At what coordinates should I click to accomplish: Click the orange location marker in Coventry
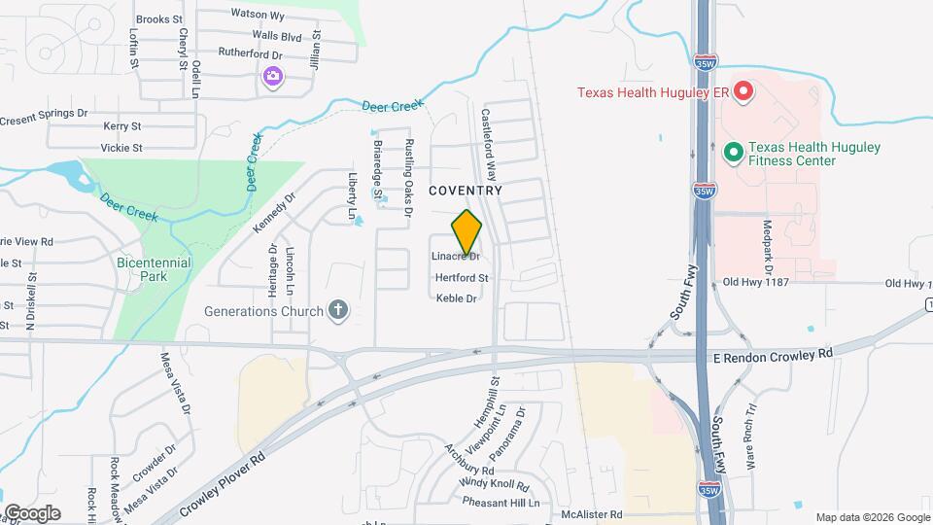point(466,232)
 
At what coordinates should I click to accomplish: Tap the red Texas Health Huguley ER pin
point(743,92)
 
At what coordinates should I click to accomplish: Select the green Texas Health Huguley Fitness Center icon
point(734,153)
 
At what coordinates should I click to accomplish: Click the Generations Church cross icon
point(337,311)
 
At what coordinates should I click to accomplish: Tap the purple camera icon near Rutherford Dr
point(273,76)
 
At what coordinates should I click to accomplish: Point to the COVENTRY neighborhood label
point(466,191)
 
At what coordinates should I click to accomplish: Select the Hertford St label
point(461,278)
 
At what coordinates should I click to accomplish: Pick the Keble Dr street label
point(457,298)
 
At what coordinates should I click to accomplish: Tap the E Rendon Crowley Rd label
point(774,357)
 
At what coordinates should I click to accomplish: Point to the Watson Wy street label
point(258,15)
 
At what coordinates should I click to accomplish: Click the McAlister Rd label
point(596,513)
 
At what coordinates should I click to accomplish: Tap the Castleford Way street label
point(490,146)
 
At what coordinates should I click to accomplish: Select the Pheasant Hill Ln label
point(500,503)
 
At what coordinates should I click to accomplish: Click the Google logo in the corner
point(32,513)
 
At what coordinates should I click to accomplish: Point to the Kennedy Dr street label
point(273,212)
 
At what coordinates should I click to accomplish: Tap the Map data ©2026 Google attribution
point(872,517)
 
